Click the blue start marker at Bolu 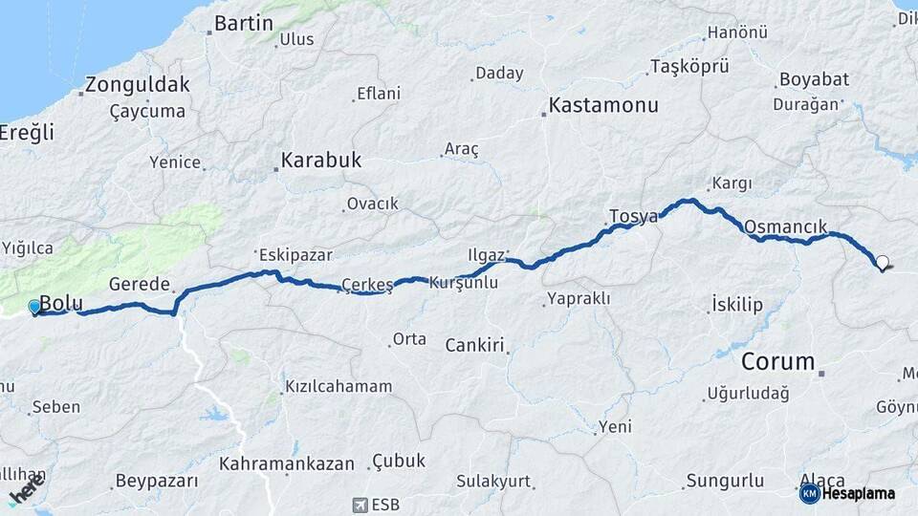pyautogui.click(x=35, y=307)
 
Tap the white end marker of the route pyautogui.click(x=882, y=262)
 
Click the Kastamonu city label pyautogui.click(x=603, y=105)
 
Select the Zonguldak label pyautogui.click(x=138, y=84)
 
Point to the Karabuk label pyautogui.click(x=320, y=160)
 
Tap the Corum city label pyautogui.click(x=778, y=362)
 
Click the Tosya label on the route pyautogui.click(x=634, y=216)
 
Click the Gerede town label pyautogui.click(x=140, y=284)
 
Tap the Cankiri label pyautogui.click(x=474, y=345)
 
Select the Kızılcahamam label pyautogui.click(x=339, y=387)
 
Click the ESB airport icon pyautogui.click(x=361, y=504)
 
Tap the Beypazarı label pyautogui.click(x=156, y=481)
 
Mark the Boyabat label pyautogui.click(x=814, y=79)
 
